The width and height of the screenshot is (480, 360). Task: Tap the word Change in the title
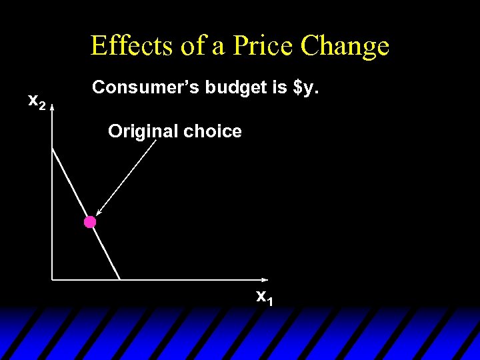[x=345, y=47]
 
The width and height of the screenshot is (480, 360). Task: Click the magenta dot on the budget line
[x=90, y=222]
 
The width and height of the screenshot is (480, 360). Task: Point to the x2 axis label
[x=37, y=101]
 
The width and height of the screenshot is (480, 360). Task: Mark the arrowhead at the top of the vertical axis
[x=52, y=105]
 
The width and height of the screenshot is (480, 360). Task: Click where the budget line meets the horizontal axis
[x=120, y=279]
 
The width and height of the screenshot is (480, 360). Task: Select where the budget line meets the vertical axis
[x=52, y=146]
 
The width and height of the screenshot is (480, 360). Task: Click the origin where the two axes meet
[x=52, y=279]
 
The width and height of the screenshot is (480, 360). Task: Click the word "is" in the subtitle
[x=274, y=87]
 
